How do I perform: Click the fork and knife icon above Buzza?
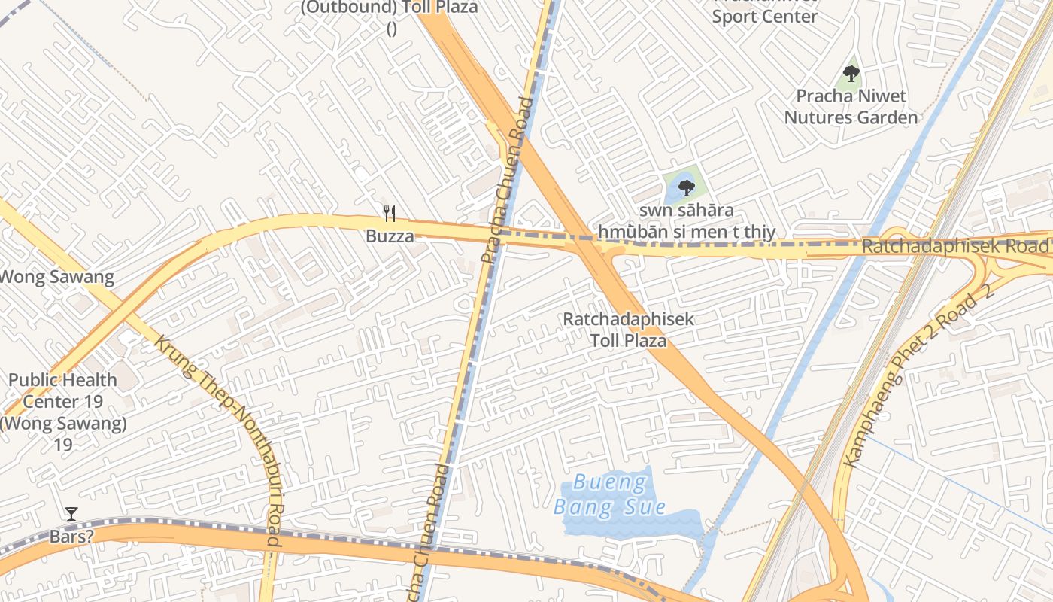(x=390, y=214)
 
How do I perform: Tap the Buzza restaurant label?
(x=390, y=236)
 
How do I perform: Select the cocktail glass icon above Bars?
(x=71, y=514)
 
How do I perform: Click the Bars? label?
(x=71, y=537)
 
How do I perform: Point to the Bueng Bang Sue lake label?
(x=609, y=494)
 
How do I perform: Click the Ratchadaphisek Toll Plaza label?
(x=628, y=330)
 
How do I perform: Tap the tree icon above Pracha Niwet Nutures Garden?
(x=851, y=74)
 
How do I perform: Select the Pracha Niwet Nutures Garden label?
(x=851, y=107)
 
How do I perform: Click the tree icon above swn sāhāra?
(x=686, y=187)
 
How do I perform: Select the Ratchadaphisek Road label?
(x=955, y=246)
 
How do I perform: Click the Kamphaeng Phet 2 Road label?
(x=921, y=375)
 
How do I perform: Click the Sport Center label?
(x=764, y=15)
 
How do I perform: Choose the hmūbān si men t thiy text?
(x=687, y=232)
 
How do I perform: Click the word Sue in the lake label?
(x=648, y=506)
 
